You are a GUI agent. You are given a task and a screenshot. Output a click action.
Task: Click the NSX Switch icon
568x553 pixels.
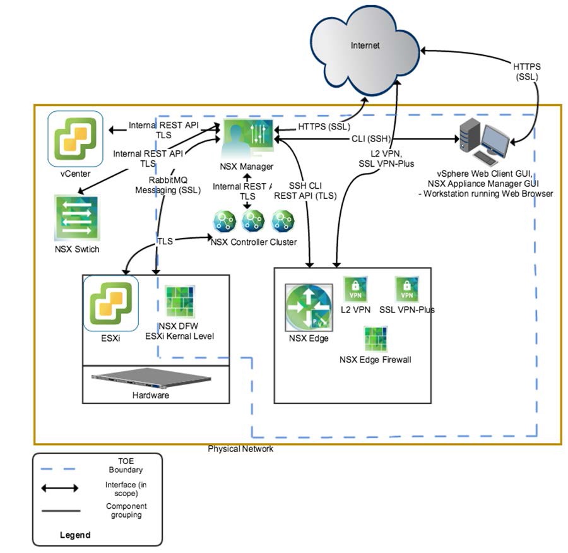(x=77, y=218)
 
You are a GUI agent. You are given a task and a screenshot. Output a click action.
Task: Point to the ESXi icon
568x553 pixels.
(x=110, y=302)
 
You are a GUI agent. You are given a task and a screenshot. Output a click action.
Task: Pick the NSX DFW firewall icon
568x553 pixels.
(x=178, y=304)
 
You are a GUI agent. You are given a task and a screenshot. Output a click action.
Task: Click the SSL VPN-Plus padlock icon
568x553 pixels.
(x=407, y=289)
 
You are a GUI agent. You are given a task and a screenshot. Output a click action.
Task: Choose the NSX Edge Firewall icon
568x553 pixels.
(x=375, y=339)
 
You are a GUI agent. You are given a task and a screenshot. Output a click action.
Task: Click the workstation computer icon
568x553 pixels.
(x=487, y=143)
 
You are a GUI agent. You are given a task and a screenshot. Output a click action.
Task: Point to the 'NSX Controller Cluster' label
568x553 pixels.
(x=254, y=242)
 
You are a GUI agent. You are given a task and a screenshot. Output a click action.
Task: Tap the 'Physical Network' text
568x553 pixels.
(x=241, y=449)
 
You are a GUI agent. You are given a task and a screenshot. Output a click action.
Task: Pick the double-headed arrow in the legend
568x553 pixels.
(x=61, y=488)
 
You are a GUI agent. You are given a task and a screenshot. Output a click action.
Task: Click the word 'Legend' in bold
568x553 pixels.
(x=75, y=535)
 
